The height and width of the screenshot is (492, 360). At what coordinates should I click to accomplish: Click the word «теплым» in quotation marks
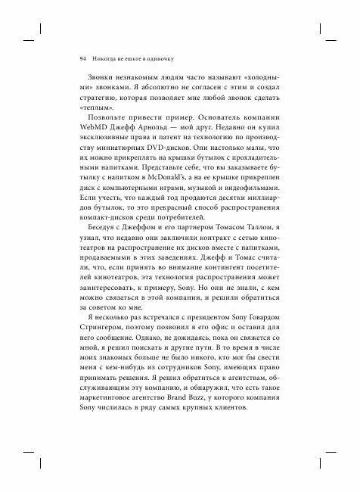[95, 103]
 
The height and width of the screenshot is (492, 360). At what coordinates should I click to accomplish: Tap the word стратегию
[100, 91]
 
